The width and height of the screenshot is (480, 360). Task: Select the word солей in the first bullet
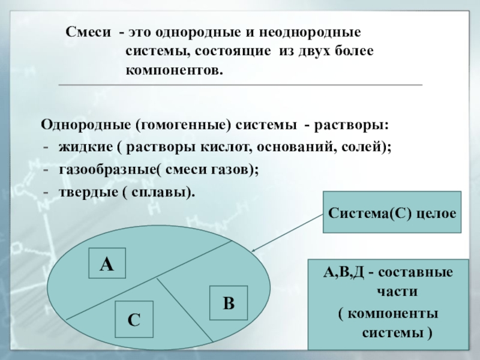coord(369,146)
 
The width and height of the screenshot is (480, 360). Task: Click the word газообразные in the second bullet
coord(107,170)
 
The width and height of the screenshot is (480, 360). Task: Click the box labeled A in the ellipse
coord(107,263)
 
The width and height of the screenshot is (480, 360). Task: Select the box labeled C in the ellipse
coord(134,320)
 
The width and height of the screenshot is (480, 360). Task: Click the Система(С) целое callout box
coord(392,212)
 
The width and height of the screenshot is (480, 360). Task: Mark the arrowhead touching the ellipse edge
coord(254,251)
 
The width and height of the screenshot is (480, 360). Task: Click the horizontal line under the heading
coord(240,85)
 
